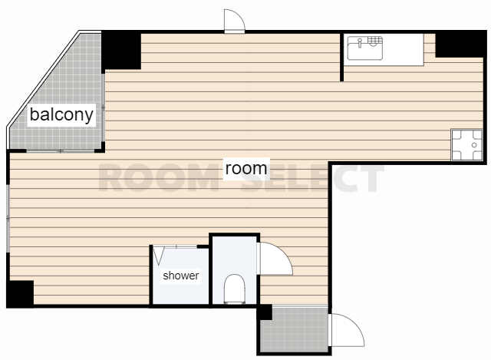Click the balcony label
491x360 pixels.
tap(61, 114)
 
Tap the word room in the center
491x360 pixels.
tap(246, 169)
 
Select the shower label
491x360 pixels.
tap(181, 276)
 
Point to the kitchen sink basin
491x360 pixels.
tap(365, 48)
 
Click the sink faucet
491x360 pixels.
tap(360, 43)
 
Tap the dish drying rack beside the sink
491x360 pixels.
tap(375, 41)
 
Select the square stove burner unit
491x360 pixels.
tap(467, 145)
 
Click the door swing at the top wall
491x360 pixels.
tap(234, 21)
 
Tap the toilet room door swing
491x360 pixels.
tap(275, 259)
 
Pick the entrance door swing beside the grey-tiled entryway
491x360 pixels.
tap(348, 330)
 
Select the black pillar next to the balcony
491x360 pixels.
tap(121, 50)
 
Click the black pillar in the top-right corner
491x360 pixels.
tap(461, 45)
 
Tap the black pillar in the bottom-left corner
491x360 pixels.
tap(20, 294)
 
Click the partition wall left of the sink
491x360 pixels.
tap(341, 56)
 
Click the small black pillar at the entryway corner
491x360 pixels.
tap(265, 312)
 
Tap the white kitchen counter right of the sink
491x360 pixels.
tap(404, 49)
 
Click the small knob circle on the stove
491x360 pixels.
tap(474, 145)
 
